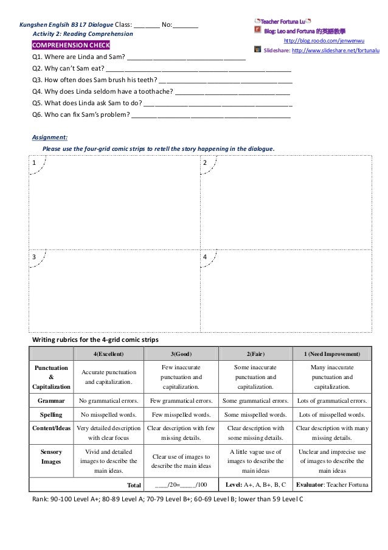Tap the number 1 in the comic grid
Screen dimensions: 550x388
pyautogui.click(x=34, y=163)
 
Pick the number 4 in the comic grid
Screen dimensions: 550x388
pyautogui.click(x=204, y=257)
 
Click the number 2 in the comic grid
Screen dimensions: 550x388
pyautogui.click(x=204, y=163)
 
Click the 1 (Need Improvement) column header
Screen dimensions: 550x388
pyautogui.click(x=331, y=353)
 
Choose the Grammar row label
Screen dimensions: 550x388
pyautogui.click(x=51, y=401)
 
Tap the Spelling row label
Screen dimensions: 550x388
pyautogui.click(x=51, y=415)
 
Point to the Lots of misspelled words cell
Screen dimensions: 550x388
pyautogui.click(x=331, y=415)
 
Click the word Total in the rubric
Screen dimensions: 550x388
pyautogui.click(x=133, y=485)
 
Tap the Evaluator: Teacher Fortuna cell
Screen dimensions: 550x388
pyautogui.click(x=331, y=485)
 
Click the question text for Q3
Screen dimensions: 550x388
pyautogui.click(x=94, y=80)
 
